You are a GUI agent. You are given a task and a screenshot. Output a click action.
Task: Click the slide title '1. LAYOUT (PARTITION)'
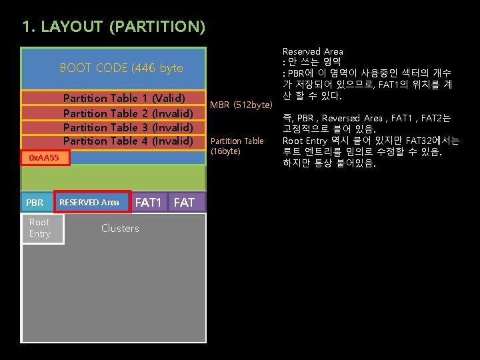pyautogui.click(x=113, y=27)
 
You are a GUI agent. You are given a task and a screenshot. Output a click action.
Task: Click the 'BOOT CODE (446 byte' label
pyautogui.click(x=121, y=68)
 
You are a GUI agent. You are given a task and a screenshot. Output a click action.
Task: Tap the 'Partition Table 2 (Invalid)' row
pyautogui.click(x=127, y=113)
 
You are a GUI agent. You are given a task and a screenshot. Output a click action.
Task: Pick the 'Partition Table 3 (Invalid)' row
pyautogui.click(x=127, y=127)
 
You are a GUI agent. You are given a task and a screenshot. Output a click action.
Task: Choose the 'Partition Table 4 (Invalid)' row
pyautogui.click(x=127, y=141)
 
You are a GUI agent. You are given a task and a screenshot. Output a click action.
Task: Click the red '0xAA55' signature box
pyautogui.click(x=44, y=158)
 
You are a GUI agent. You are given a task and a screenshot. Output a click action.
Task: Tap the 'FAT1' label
pyautogui.click(x=149, y=202)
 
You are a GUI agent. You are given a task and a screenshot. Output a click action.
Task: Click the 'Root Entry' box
pyautogui.click(x=40, y=227)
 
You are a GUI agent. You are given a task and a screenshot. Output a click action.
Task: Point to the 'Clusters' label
pyautogui.click(x=120, y=228)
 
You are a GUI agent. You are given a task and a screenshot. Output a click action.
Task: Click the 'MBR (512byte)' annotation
pyautogui.click(x=241, y=105)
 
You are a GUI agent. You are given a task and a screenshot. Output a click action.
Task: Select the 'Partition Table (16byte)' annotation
pyautogui.click(x=237, y=146)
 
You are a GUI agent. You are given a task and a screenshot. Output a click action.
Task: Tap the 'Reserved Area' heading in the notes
pyautogui.click(x=313, y=51)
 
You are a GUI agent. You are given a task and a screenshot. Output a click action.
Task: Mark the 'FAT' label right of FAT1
pyautogui.click(x=184, y=202)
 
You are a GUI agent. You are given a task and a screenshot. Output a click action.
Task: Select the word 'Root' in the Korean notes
pyautogui.click(x=293, y=141)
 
